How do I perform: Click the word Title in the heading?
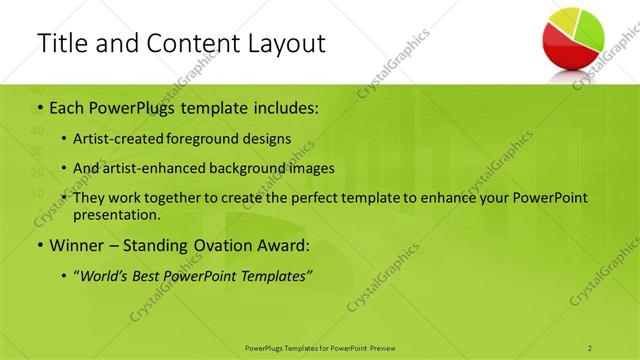pos(62,43)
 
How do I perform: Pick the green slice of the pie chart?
pos(590,30)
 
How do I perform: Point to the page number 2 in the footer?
pos(590,347)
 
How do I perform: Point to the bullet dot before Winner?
pos(38,244)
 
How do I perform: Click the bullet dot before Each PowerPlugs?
pos(38,108)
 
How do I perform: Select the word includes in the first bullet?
pos(284,107)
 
